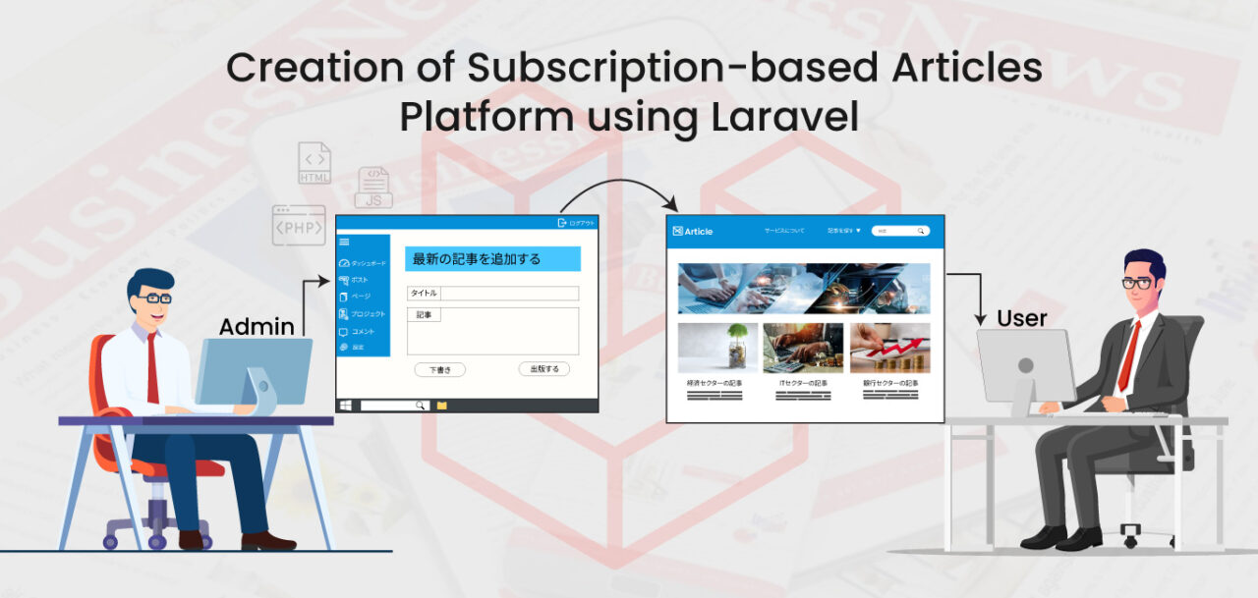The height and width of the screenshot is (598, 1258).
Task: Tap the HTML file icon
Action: click(x=314, y=163)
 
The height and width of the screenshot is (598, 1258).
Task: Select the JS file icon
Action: click(x=373, y=187)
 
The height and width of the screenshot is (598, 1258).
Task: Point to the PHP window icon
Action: click(x=299, y=225)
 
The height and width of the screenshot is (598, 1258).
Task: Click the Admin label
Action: click(x=257, y=327)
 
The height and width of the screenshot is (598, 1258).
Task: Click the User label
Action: click(x=1022, y=318)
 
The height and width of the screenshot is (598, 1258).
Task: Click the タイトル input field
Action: click(x=509, y=294)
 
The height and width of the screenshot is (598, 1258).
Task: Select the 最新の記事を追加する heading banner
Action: click(x=492, y=259)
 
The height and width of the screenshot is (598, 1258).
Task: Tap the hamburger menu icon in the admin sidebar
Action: click(x=344, y=242)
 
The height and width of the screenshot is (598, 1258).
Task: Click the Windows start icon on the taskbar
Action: click(x=345, y=405)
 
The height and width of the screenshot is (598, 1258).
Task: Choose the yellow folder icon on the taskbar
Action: click(x=442, y=405)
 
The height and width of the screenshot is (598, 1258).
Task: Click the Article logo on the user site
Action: click(x=693, y=232)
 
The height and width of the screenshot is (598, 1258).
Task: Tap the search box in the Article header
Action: click(x=900, y=231)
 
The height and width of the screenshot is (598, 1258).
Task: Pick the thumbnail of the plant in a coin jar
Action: click(x=717, y=348)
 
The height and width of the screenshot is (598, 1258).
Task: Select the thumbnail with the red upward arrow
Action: click(x=889, y=348)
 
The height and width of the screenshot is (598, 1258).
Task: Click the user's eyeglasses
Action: click(x=1137, y=284)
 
